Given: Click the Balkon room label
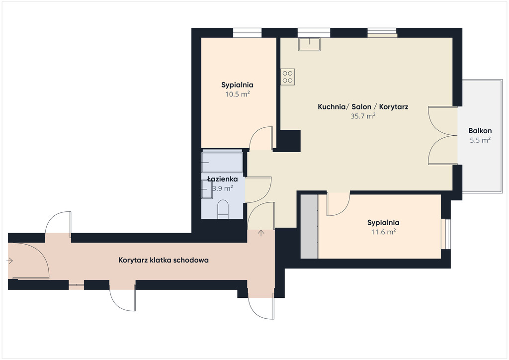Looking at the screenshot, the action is tap(480, 131).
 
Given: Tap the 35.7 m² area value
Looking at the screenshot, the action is tap(363, 116).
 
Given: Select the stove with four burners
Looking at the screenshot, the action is tap(288, 77).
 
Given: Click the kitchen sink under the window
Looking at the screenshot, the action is tap(309, 44).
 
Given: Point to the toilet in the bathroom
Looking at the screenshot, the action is tap(223, 209).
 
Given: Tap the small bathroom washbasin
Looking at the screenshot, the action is tap(206, 189).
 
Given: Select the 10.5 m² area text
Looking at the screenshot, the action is tap(237, 94).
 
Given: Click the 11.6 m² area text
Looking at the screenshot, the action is tap(383, 232).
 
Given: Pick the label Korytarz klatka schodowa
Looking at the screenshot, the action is tap(163, 260).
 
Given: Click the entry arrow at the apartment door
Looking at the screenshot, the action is tap(261, 233).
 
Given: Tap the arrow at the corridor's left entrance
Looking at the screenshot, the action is tap(9, 261).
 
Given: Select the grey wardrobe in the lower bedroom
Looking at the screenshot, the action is tap(309, 226).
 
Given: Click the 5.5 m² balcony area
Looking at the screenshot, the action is tap(480, 140).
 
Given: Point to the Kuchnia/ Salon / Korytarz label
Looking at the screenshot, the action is tap(363, 107).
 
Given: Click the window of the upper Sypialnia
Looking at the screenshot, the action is tap(248, 33).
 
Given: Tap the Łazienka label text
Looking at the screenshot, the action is tap(222, 179).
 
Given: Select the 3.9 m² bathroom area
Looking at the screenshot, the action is tap(222, 188).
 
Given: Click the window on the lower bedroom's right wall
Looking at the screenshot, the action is tap(446, 234).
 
